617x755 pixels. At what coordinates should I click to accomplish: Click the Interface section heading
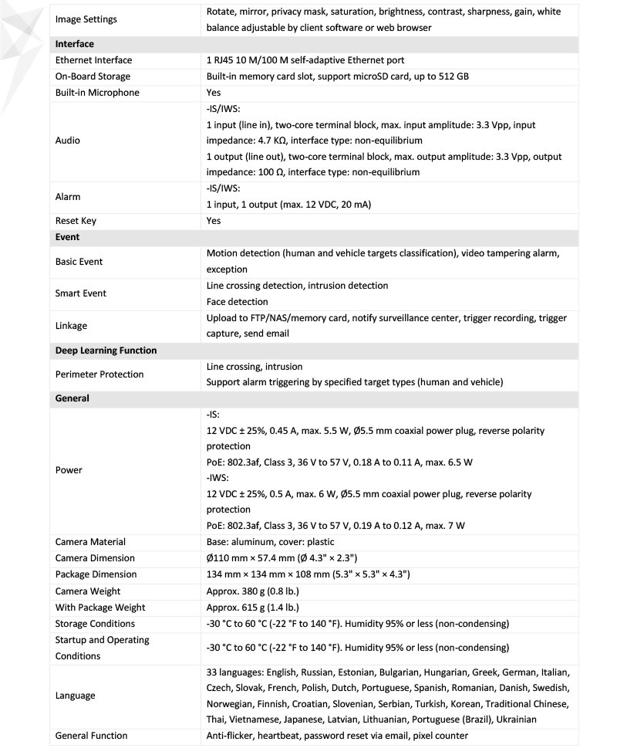75,44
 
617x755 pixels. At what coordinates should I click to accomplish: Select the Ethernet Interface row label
93,60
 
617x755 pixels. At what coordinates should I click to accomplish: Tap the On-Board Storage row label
93,76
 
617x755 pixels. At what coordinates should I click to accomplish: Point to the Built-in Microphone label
97,93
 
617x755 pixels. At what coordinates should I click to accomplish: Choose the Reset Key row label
76,221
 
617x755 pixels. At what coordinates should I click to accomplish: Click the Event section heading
68,237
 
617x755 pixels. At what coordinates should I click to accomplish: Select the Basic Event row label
79,262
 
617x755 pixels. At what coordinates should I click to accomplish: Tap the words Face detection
238,302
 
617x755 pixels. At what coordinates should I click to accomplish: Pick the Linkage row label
71,326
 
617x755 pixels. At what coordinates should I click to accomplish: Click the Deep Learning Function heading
106,350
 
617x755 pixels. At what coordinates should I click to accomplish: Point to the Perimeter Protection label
99,374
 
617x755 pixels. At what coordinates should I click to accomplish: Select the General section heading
72,398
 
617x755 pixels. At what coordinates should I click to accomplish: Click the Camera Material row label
90,542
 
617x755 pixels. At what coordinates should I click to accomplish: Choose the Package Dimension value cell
308,574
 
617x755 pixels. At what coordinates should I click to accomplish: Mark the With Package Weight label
100,607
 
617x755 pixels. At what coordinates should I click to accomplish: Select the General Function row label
91,736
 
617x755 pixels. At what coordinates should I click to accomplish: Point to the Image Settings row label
87,20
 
